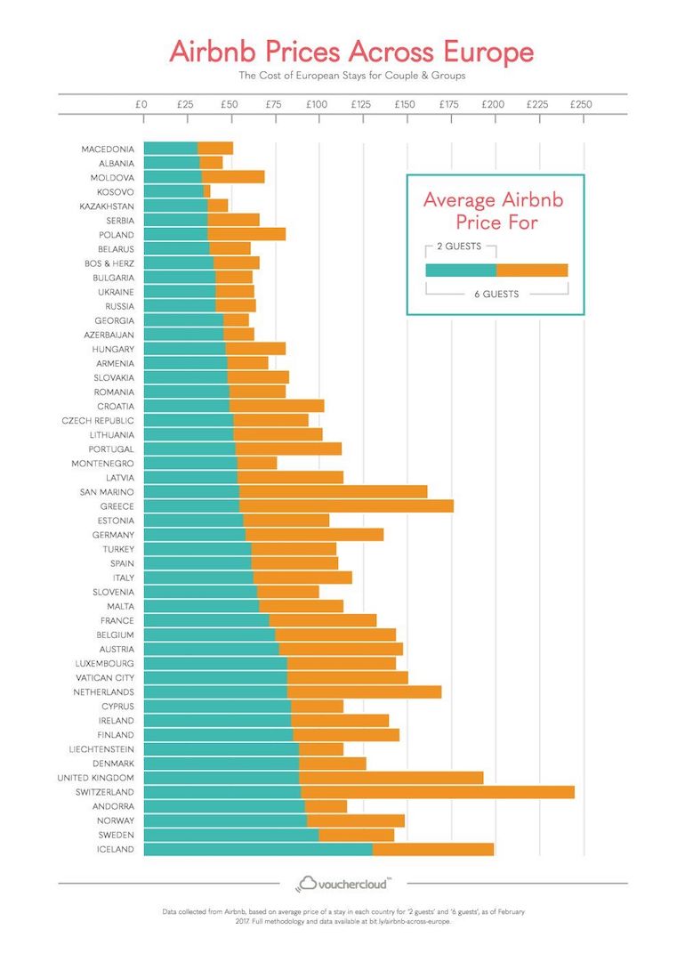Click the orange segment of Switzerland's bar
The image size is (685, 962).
click(438, 792)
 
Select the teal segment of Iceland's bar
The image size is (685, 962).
click(257, 849)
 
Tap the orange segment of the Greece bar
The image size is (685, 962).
click(346, 506)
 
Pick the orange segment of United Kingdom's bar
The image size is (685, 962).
click(391, 778)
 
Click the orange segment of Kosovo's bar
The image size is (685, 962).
click(206, 191)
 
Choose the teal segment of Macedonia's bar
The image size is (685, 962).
click(170, 149)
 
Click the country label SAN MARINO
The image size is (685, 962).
click(107, 492)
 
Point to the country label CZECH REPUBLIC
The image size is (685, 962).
click(98, 420)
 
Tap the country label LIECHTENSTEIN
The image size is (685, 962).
click(101, 749)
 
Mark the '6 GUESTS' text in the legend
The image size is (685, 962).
click(496, 294)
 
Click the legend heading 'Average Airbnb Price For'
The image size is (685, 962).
click(493, 210)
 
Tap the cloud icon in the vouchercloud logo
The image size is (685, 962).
click(308, 883)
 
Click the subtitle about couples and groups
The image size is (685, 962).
click(351, 76)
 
